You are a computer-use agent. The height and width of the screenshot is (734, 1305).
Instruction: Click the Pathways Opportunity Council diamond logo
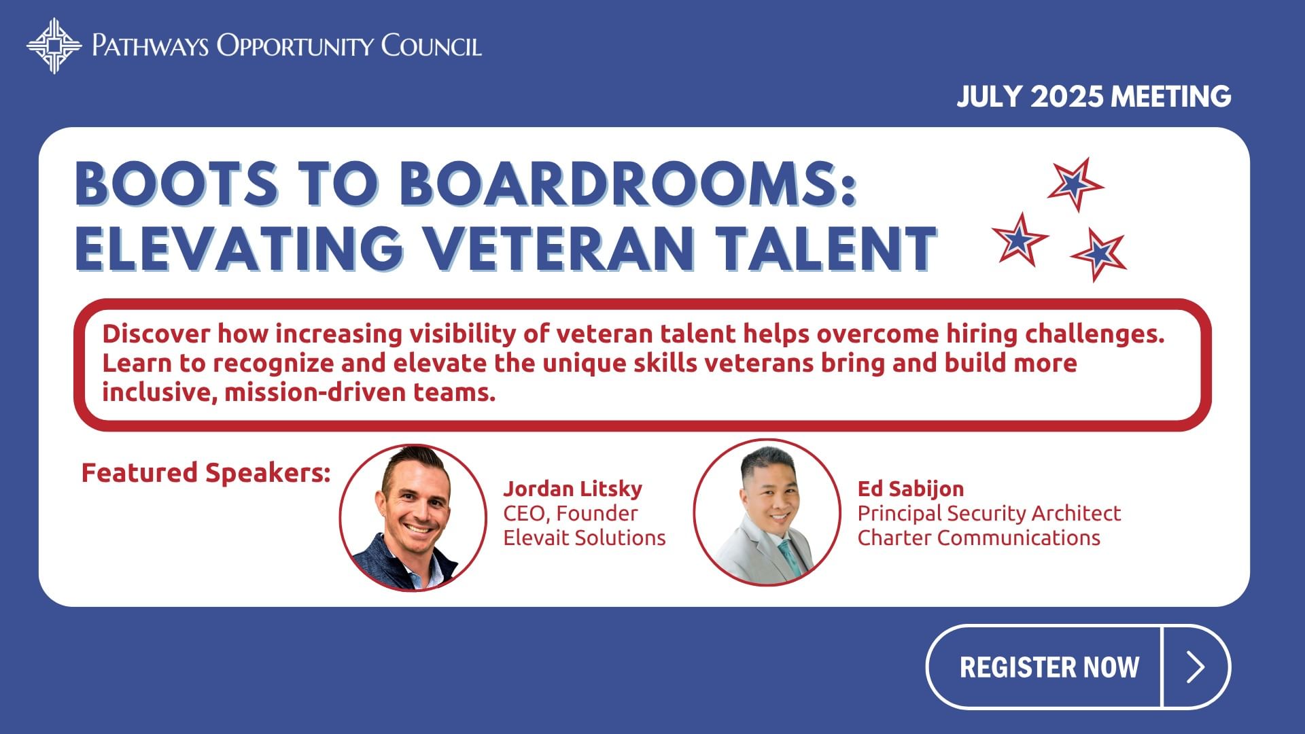coord(54,46)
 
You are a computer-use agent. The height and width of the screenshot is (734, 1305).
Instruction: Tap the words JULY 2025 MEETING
coord(1094,97)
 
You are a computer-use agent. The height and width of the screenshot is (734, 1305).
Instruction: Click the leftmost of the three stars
coord(1019,239)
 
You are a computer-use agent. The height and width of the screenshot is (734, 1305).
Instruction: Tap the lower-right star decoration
coord(1099,254)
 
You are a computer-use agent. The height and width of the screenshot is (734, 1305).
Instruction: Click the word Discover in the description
coord(156,334)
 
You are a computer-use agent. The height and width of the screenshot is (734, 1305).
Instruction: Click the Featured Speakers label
coord(206,472)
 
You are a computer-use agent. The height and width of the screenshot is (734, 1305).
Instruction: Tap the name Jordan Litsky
coord(572,489)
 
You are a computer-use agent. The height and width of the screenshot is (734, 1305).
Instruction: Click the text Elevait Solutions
coord(585,538)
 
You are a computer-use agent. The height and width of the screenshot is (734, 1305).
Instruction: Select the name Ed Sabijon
coord(911,489)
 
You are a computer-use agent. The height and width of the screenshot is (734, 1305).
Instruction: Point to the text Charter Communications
coord(979,538)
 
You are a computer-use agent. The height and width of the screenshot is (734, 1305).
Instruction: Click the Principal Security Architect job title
coord(989,513)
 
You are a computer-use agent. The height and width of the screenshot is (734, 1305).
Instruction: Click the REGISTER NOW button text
coord(1049,667)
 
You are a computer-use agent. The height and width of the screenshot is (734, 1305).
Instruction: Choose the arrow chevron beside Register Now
coord(1196,667)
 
